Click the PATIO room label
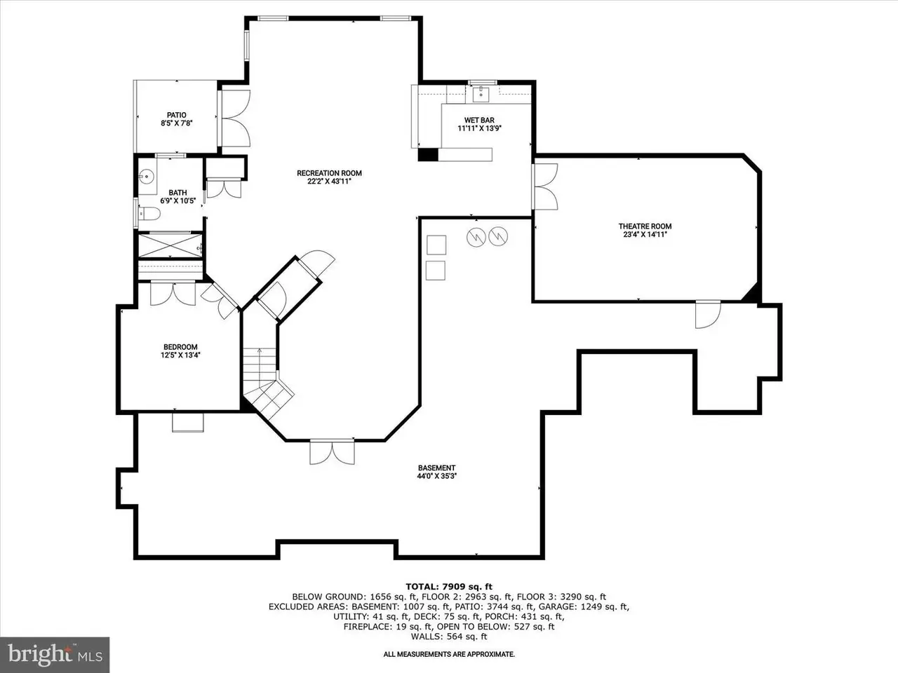pyautogui.click(x=176, y=115)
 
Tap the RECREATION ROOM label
pyautogui.click(x=329, y=173)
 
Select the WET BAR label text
pyautogui.click(x=479, y=120)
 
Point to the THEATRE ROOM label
pyautogui.click(x=645, y=226)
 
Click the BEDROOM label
pyautogui.click(x=180, y=347)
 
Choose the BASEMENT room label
pyautogui.click(x=436, y=468)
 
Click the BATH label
pyautogui.click(x=177, y=193)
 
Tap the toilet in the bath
pyautogui.click(x=149, y=214)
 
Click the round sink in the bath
pyautogui.click(x=146, y=177)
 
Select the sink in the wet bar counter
pyautogui.click(x=481, y=95)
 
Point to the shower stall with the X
pyautogui.click(x=170, y=245)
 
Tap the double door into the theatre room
pyautogui.click(x=544, y=186)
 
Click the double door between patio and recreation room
pyautogui.click(x=235, y=118)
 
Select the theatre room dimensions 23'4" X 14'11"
pyautogui.click(x=645, y=235)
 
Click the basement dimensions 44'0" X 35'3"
pyautogui.click(x=436, y=476)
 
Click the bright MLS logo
pyautogui.click(x=55, y=655)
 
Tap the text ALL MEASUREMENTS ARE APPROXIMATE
pyautogui.click(x=449, y=654)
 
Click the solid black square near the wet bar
pyautogui.click(x=428, y=155)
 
